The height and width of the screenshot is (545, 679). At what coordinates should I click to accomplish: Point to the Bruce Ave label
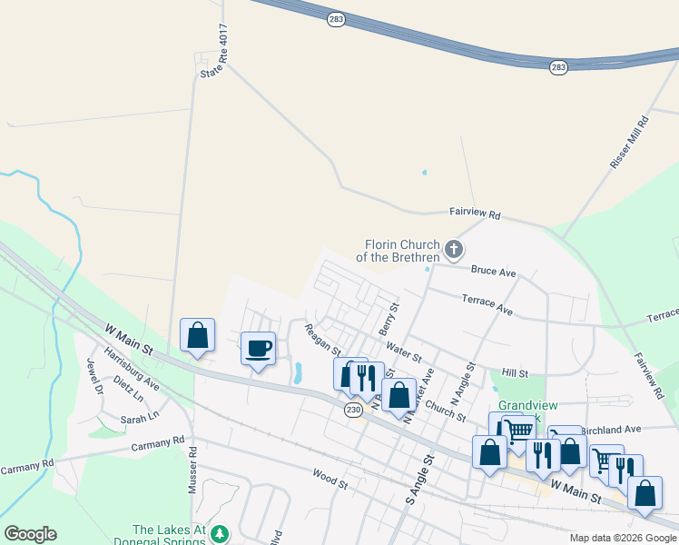tap(494, 272)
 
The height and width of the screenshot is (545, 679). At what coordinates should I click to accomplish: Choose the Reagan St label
tap(322, 340)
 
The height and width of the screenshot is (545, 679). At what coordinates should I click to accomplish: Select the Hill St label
tap(515, 373)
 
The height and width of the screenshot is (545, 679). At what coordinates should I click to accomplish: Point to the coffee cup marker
tap(258, 348)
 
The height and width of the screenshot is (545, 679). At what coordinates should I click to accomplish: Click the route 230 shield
tap(354, 410)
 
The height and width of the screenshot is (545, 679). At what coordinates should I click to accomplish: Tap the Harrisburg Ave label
tap(131, 369)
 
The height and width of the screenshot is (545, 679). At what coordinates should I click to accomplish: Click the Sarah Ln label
tap(140, 418)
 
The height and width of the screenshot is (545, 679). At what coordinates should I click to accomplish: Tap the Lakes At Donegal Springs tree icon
tap(219, 535)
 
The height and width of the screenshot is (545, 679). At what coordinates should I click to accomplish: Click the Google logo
tap(30, 534)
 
